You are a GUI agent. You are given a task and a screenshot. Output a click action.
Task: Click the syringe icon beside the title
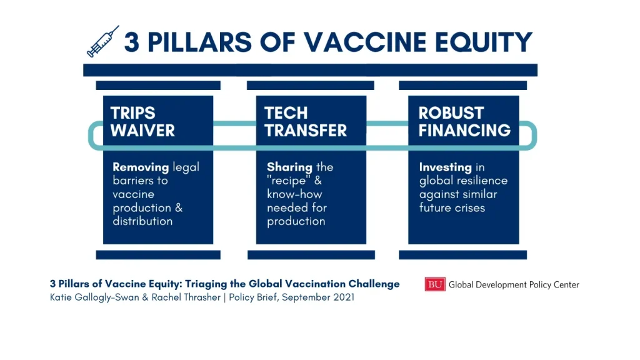pyautogui.click(x=103, y=41)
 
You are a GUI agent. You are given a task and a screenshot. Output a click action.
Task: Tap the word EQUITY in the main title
pyautogui.click(x=484, y=42)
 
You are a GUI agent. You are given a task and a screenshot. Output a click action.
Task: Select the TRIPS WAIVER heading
pyautogui.click(x=142, y=122)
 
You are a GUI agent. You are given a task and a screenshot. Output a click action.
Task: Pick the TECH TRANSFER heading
pyautogui.click(x=305, y=122)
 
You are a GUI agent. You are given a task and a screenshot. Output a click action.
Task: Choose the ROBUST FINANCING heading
pyautogui.click(x=464, y=122)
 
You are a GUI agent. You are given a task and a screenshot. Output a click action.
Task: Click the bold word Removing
pyautogui.click(x=141, y=167)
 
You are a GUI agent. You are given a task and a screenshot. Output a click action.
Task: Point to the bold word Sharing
pyautogui.click(x=289, y=167)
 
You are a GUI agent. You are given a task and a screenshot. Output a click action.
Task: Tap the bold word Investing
pyautogui.click(x=445, y=167)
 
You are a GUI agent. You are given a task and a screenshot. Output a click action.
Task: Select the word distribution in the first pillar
pyautogui.click(x=142, y=221)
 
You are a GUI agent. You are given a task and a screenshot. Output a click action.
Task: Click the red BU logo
pyautogui.click(x=435, y=284)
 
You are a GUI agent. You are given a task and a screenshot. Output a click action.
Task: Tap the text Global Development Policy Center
pyautogui.click(x=514, y=284)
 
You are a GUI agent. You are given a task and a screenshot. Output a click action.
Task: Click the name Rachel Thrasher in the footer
pyautogui.click(x=186, y=297)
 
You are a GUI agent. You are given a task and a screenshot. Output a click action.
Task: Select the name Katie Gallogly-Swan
pyautogui.click(x=95, y=297)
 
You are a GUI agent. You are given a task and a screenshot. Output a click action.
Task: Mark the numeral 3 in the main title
pyautogui.click(x=131, y=42)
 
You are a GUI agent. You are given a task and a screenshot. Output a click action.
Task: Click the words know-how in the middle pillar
pyautogui.click(x=294, y=194)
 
